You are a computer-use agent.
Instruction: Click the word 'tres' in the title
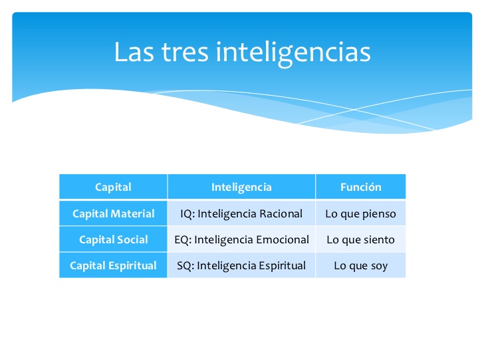pyautogui.click(x=185, y=52)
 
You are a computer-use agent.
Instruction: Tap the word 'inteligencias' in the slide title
pyautogui.click(x=293, y=53)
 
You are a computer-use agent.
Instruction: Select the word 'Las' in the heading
pyautogui.click(x=134, y=52)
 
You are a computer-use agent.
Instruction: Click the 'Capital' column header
pyautogui.click(x=113, y=187)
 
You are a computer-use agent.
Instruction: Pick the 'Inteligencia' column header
pyautogui.click(x=241, y=187)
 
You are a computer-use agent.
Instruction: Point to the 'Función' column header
pyautogui.click(x=360, y=187)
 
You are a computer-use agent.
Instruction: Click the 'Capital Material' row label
pyautogui.click(x=113, y=213)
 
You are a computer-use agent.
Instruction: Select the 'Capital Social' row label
pyautogui.click(x=113, y=239)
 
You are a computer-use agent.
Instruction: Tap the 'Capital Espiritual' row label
pyautogui.click(x=113, y=266)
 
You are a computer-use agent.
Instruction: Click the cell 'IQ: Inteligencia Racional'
pyautogui.click(x=241, y=213)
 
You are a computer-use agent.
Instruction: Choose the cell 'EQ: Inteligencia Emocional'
pyautogui.click(x=241, y=239)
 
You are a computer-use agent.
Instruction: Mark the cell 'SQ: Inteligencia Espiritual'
pyautogui.click(x=241, y=266)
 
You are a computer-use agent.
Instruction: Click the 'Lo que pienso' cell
pyautogui.click(x=360, y=214)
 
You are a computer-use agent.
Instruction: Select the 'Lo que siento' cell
pyautogui.click(x=360, y=239)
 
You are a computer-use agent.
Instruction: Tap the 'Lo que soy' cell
pyautogui.click(x=360, y=266)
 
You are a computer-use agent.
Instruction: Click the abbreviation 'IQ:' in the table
pyautogui.click(x=187, y=214)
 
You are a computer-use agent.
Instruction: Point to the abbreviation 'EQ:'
pyautogui.click(x=183, y=240)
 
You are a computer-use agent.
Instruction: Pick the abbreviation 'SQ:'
pyautogui.click(x=185, y=266)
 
